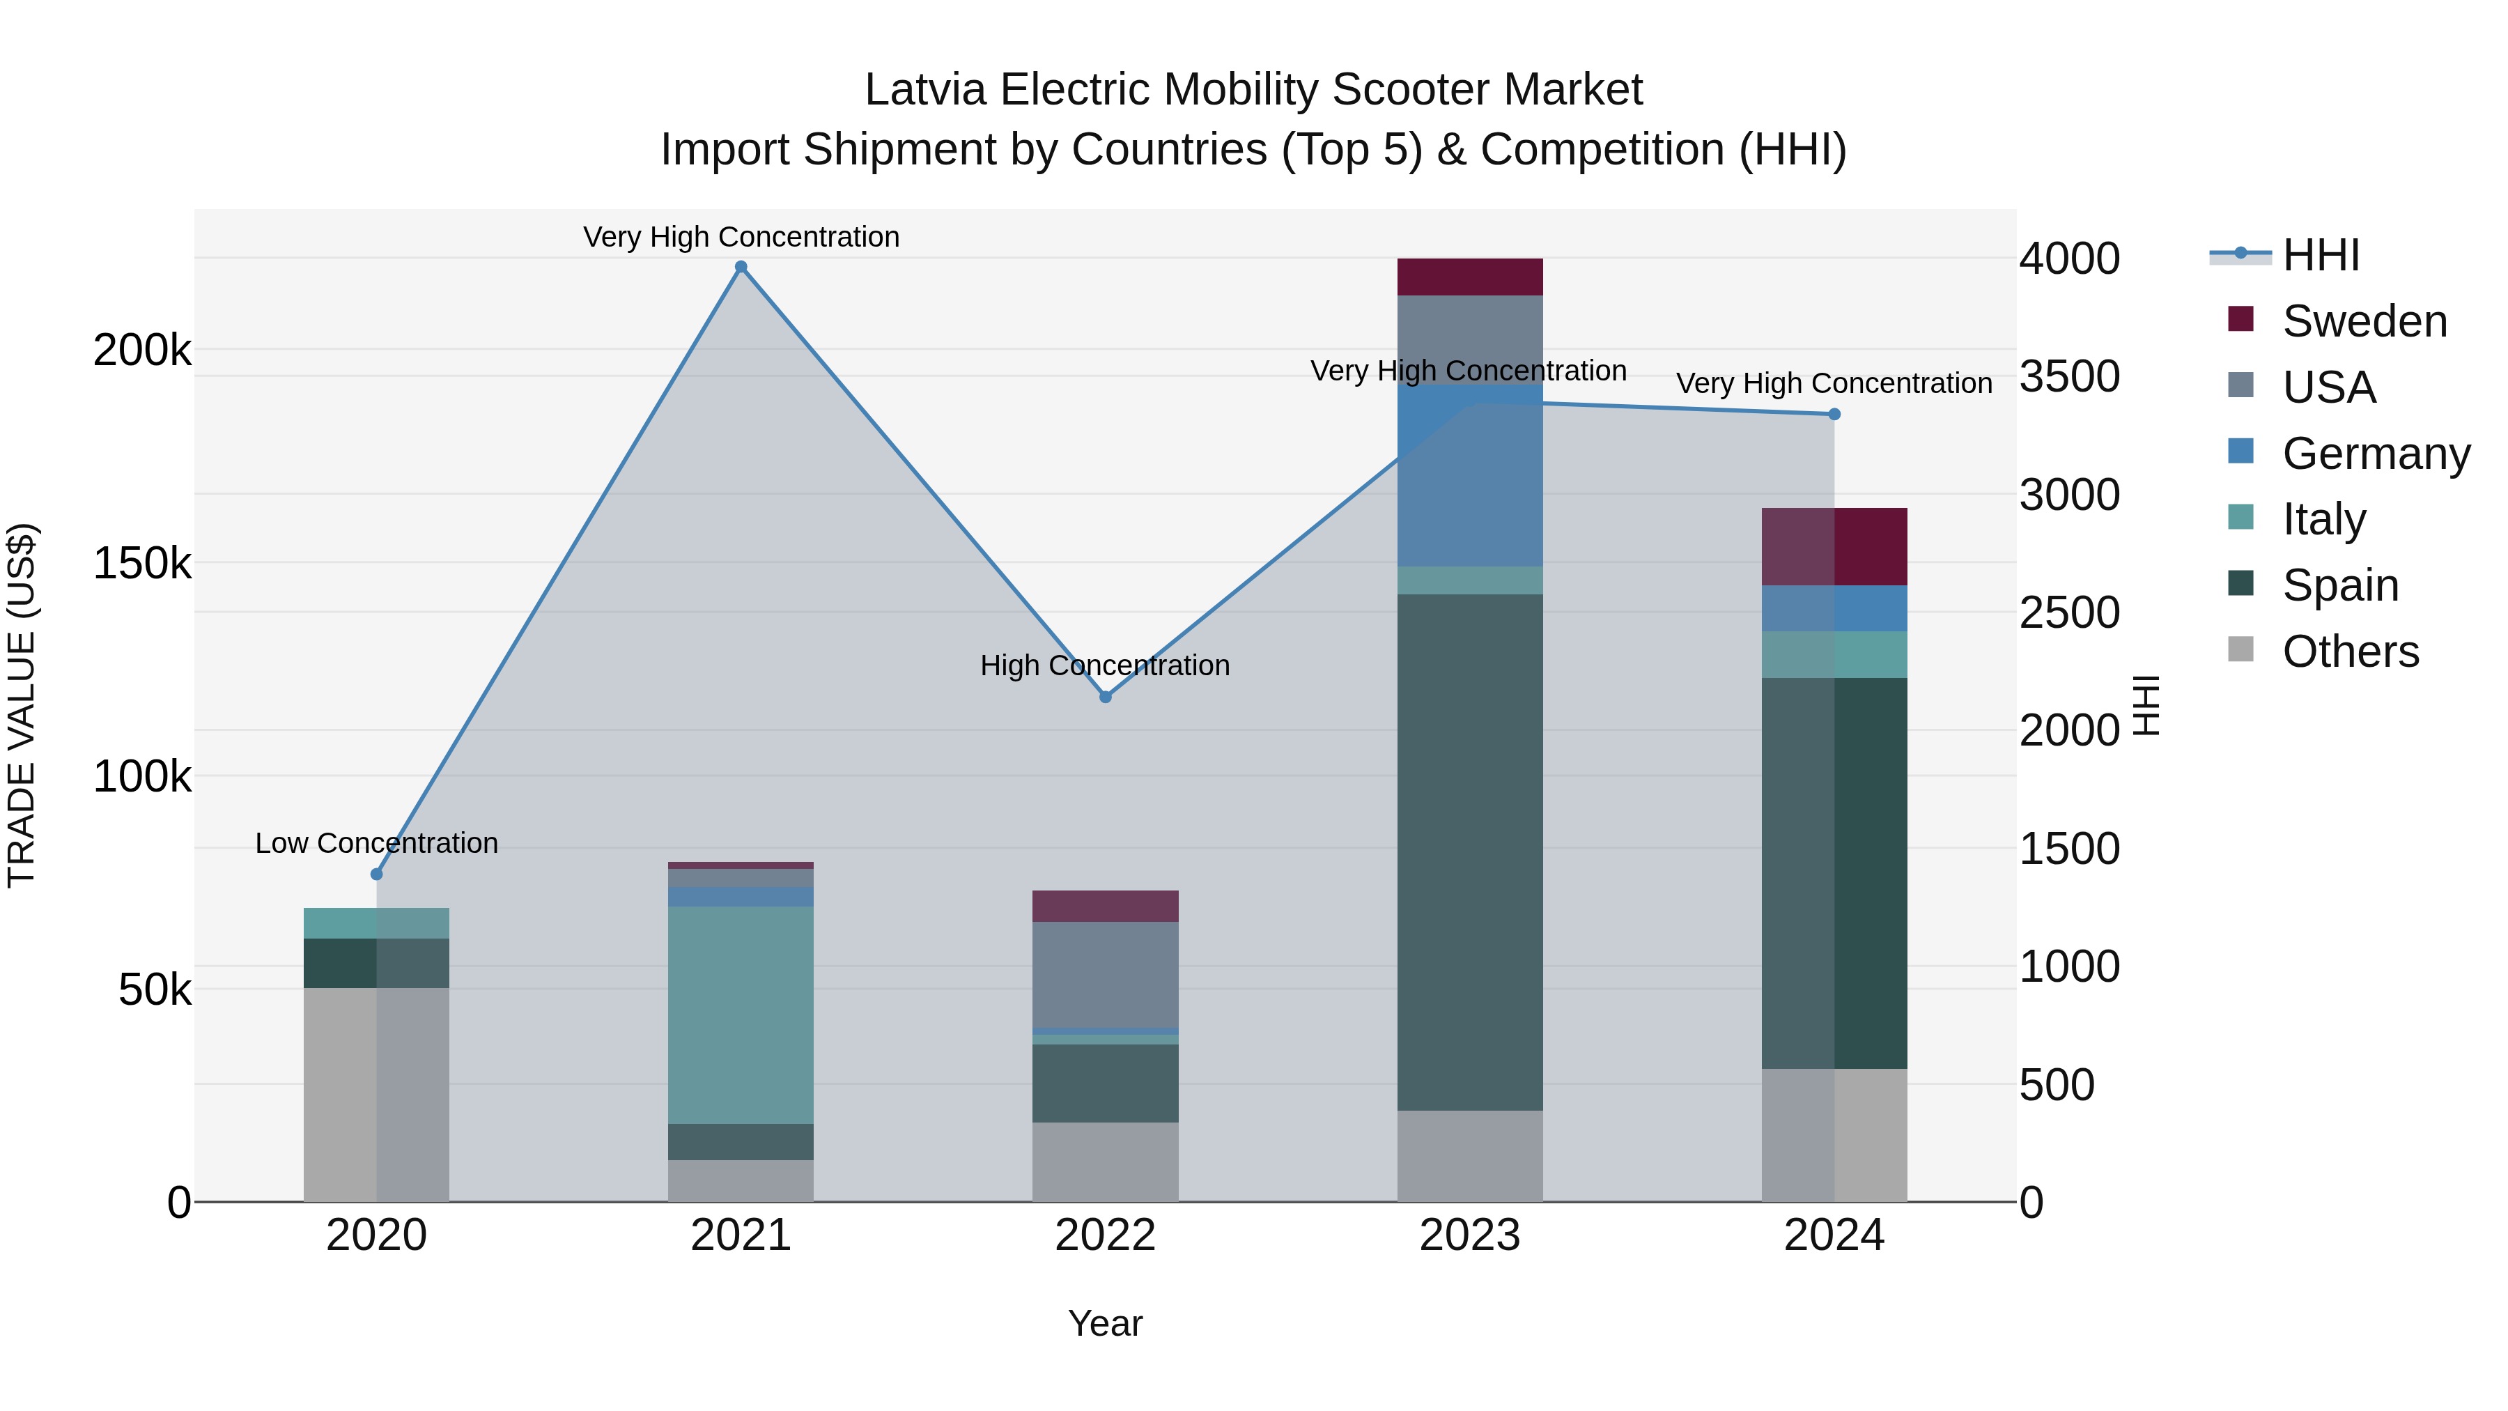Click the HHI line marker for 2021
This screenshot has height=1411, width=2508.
pos(741,267)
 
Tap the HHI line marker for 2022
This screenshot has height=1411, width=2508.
pos(1105,697)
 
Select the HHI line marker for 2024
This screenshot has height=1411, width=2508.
pos(1834,415)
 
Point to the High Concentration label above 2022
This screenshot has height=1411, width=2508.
pos(1105,666)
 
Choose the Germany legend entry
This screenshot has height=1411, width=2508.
pos(2376,454)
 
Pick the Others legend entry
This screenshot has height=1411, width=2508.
pos(2351,651)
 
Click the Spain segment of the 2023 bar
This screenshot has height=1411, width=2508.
pos(1470,852)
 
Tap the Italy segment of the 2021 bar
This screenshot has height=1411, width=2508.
pos(741,1015)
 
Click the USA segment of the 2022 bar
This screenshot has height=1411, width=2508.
pos(1105,975)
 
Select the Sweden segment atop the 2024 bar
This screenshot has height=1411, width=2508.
pos(1834,546)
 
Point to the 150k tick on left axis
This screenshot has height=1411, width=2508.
pos(142,564)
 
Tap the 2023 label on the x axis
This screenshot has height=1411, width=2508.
pos(1470,1235)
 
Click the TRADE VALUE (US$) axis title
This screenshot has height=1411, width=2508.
pos(22,705)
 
